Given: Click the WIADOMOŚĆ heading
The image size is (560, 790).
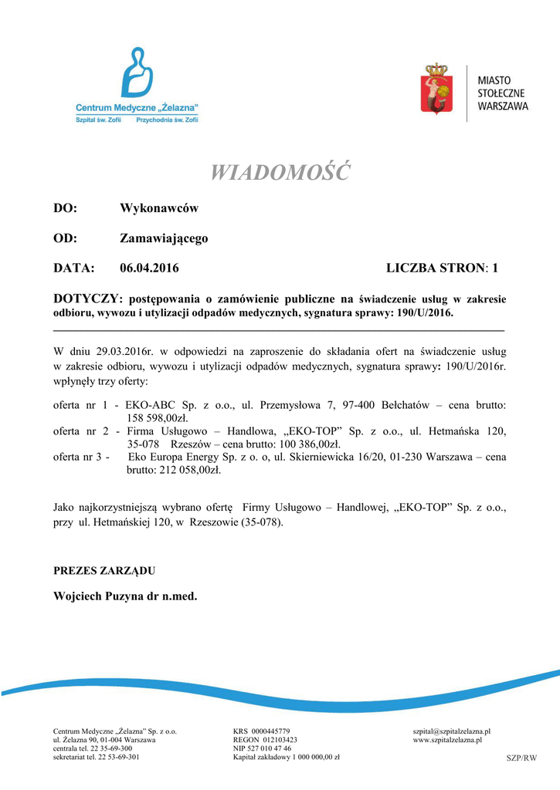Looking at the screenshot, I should tap(280, 172).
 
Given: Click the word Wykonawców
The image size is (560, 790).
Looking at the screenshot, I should tap(159, 208).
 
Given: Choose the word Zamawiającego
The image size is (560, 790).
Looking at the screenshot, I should tap(164, 238).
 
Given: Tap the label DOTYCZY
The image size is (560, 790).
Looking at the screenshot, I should tap(86, 299).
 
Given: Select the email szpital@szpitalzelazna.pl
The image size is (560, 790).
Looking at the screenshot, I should tap(452, 731).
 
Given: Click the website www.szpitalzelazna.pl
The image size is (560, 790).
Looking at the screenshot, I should tap(447, 740).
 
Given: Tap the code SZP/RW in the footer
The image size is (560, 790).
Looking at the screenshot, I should tap(521, 758).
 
